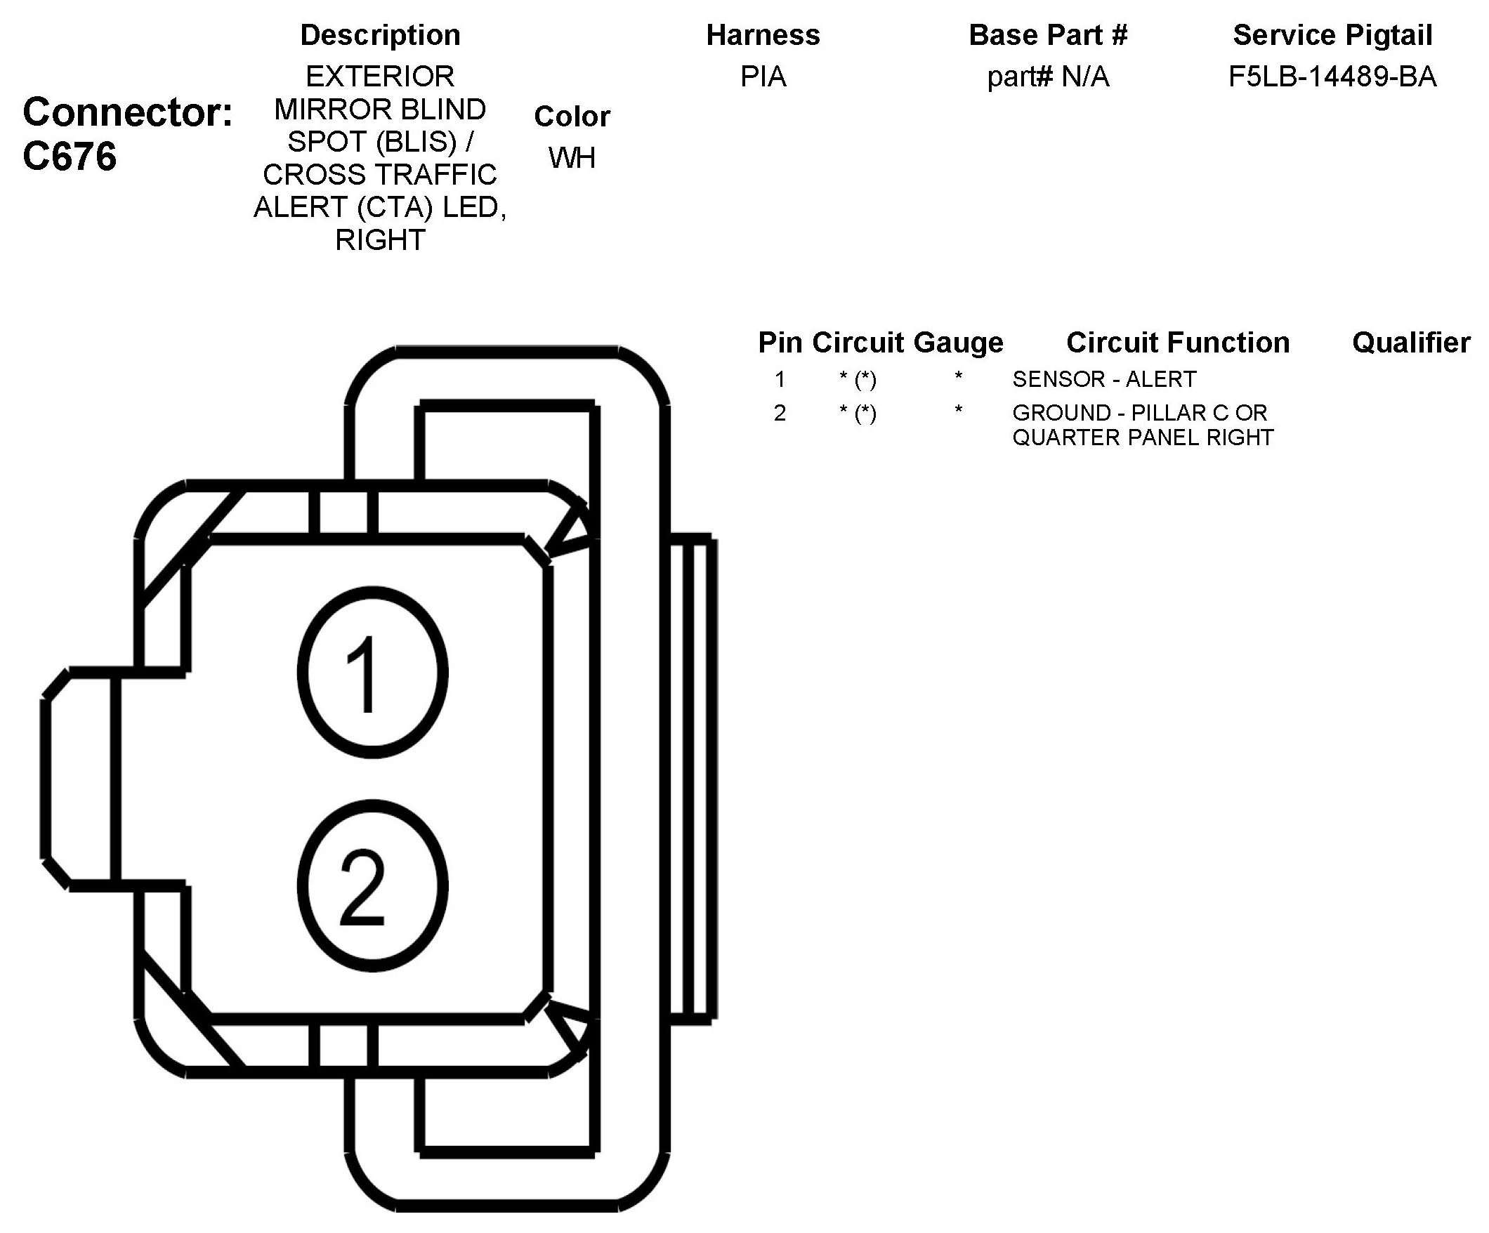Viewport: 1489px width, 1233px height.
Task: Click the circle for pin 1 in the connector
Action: [x=372, y=673]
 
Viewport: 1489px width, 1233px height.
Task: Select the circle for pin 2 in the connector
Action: [x=372, y=886]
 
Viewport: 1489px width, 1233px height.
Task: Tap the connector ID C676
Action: [x=70, y=157]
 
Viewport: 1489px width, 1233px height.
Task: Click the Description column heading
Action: [x=380, y=34]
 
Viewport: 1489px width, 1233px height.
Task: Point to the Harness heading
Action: [x=763, y=34]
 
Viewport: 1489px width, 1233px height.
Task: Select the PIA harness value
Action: [x=763, y=77]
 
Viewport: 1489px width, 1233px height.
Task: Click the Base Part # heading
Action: [x=1048, y=34]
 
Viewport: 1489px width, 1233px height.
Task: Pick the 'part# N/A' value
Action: [x=1048, y=77]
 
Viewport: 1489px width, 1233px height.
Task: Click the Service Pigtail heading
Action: [x=1332, y=34]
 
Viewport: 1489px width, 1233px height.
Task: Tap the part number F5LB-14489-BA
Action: [x=1332, y=77]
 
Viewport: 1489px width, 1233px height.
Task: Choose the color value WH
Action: [x=572, y=158]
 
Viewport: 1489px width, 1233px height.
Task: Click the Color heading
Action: [x=572, y=117]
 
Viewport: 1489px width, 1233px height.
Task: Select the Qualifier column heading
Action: [x=1411, y=343]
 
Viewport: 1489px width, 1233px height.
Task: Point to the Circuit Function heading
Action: [x=1178, y=343]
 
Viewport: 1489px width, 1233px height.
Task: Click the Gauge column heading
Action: [x=959, y=343]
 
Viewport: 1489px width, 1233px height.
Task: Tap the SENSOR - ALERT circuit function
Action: [x=1104, y=379]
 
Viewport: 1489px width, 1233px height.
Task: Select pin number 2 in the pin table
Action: [x=780, y=413]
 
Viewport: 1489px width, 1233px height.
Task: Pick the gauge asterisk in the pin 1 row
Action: [x=959, y=378]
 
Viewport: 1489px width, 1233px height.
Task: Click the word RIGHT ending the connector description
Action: [x=380, y=240]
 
